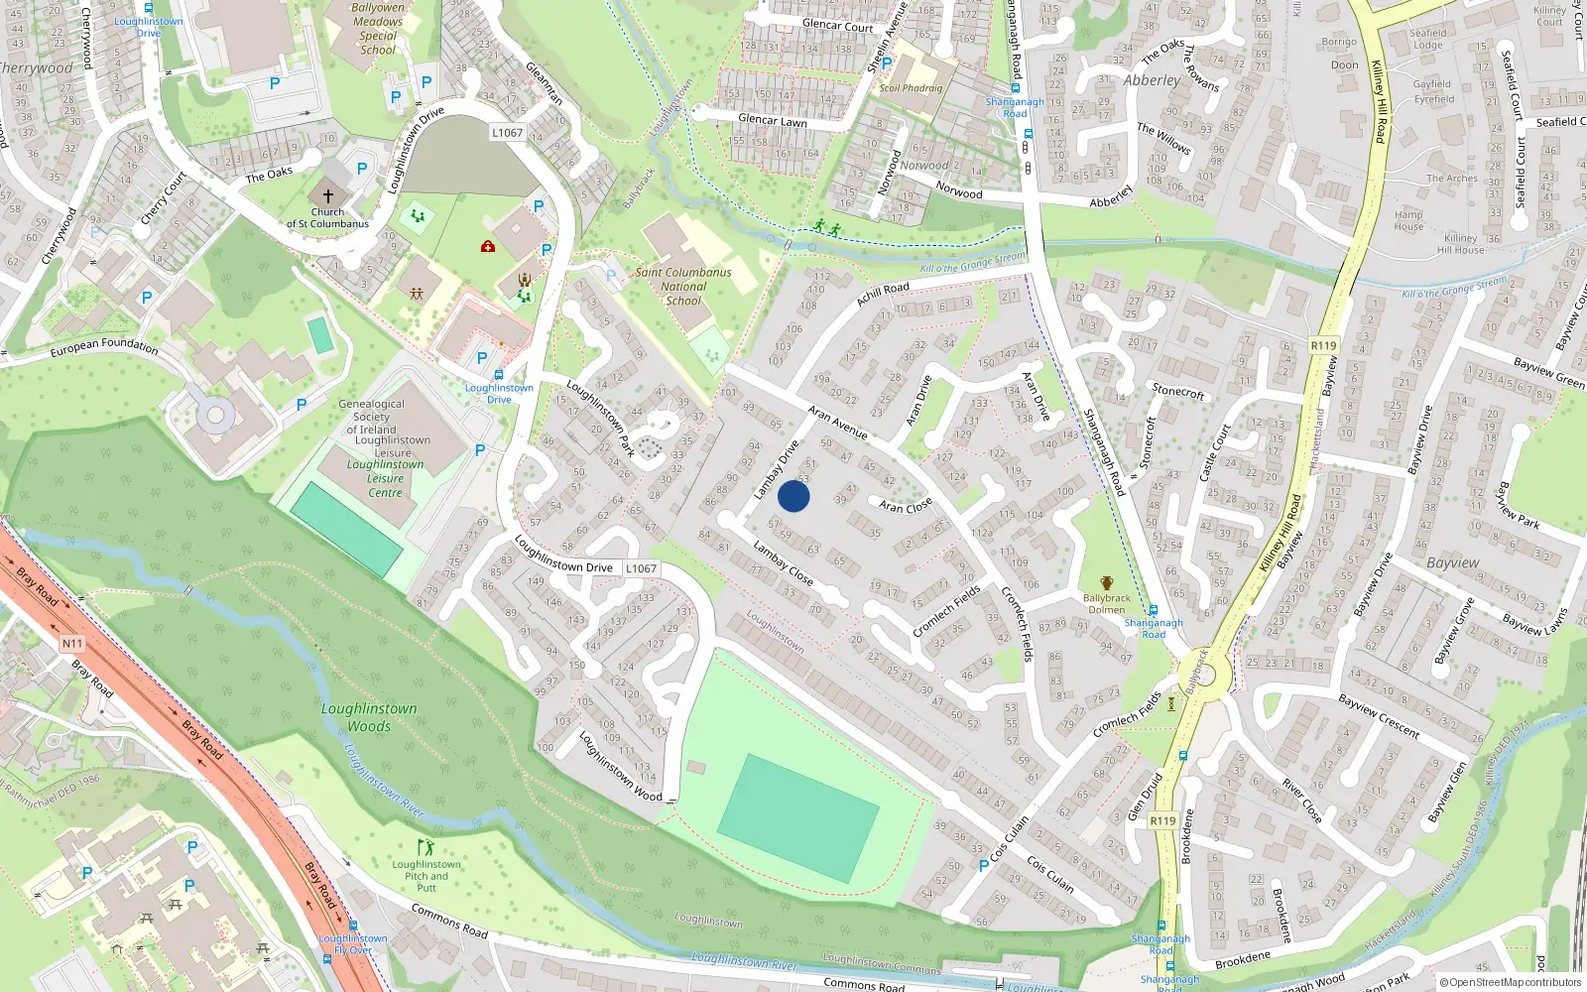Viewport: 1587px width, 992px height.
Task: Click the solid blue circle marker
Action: pyautogui.click(x=793, y=496)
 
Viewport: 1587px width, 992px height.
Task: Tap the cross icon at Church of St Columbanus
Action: pyautogui.click(x=328, y=196)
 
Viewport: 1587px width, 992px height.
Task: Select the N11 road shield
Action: pyautogui.click(x=72, y=644)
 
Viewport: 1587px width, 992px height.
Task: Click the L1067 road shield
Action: pyautogui.click(x=507, y=132)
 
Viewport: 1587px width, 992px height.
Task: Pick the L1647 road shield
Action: pyautogui.click(x=641, y=568)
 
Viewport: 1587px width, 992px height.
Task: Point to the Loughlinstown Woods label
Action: pyautogui.click(x=369, y=717)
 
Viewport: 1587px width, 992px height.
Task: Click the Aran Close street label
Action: pyautogui.click(x=906, y=506)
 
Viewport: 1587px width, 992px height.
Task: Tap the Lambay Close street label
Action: pyautogui.click(x=783, y=562)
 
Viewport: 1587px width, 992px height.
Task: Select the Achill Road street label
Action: pyautogui.click(x=883, y=294)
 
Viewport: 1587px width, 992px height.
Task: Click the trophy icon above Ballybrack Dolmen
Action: pyautogui.click(x=1107, y=583)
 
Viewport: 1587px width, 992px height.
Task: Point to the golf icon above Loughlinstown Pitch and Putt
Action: pyautogui.click(x=426, y=848)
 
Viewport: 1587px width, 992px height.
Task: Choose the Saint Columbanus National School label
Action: pyautogui.click(x=683, y=286)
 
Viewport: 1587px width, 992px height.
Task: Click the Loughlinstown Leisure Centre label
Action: pyautogui.click(x=385, y=478)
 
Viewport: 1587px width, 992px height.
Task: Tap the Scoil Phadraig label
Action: pyautogui.click(x=911, y=88)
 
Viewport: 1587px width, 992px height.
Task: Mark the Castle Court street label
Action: pyautogui.click(x=1215, y=452)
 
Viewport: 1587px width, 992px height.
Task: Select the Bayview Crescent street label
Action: pyautogui.click(x=1379, y=714)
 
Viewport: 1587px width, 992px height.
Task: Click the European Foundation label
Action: pyautogui.click(x=104, y=346)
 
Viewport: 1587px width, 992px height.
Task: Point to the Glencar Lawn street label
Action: pyautogui.click(x=773, y=120)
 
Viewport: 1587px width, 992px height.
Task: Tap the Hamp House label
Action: pyautogui.click(x=1408, y=220)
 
